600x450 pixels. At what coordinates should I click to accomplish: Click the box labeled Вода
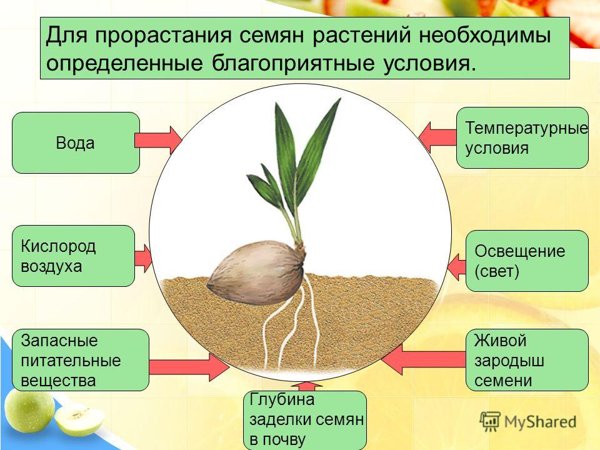[76, 142]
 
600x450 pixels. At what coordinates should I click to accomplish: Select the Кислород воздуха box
[74, 256]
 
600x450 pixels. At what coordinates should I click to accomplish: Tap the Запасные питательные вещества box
[81, 360]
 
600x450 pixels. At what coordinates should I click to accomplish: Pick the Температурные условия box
[522, 137]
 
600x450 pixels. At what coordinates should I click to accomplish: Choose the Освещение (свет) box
[527, 261]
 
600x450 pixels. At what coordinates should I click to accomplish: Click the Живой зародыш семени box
[527, 360]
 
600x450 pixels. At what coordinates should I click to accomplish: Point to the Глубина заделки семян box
[305, 420]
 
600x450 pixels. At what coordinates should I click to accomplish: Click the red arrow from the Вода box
[158, 141]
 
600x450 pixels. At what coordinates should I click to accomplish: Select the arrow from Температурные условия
[437, 137]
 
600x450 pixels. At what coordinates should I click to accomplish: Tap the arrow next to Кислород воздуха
[143, 259]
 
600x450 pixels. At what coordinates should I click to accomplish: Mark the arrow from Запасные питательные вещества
[189, 367]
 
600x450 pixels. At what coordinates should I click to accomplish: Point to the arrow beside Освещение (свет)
[456, 267]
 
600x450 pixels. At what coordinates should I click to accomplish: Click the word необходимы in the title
[484, 36]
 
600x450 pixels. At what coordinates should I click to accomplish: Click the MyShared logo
[528, 422]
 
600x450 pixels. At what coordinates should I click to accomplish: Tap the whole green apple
[29, 411]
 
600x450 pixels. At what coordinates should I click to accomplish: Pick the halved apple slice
[79, 419]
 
